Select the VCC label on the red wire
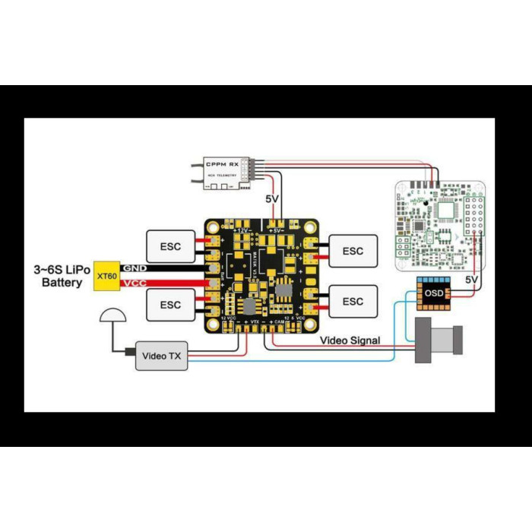[x=135, y=283]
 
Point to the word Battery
[x=62, y=283]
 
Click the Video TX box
[x=161, y=356]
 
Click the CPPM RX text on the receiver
[x=223, y=163]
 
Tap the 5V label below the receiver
[x=272, y=199]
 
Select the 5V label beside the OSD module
[x=471, y=280]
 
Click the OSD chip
[x=434, y=293]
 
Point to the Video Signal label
[x=350, y=340]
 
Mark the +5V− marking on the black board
[x=277, y=230]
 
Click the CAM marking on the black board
[x=280, y=322]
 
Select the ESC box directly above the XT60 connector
[x=171, y=245]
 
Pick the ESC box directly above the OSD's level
[x=353, y=251]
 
